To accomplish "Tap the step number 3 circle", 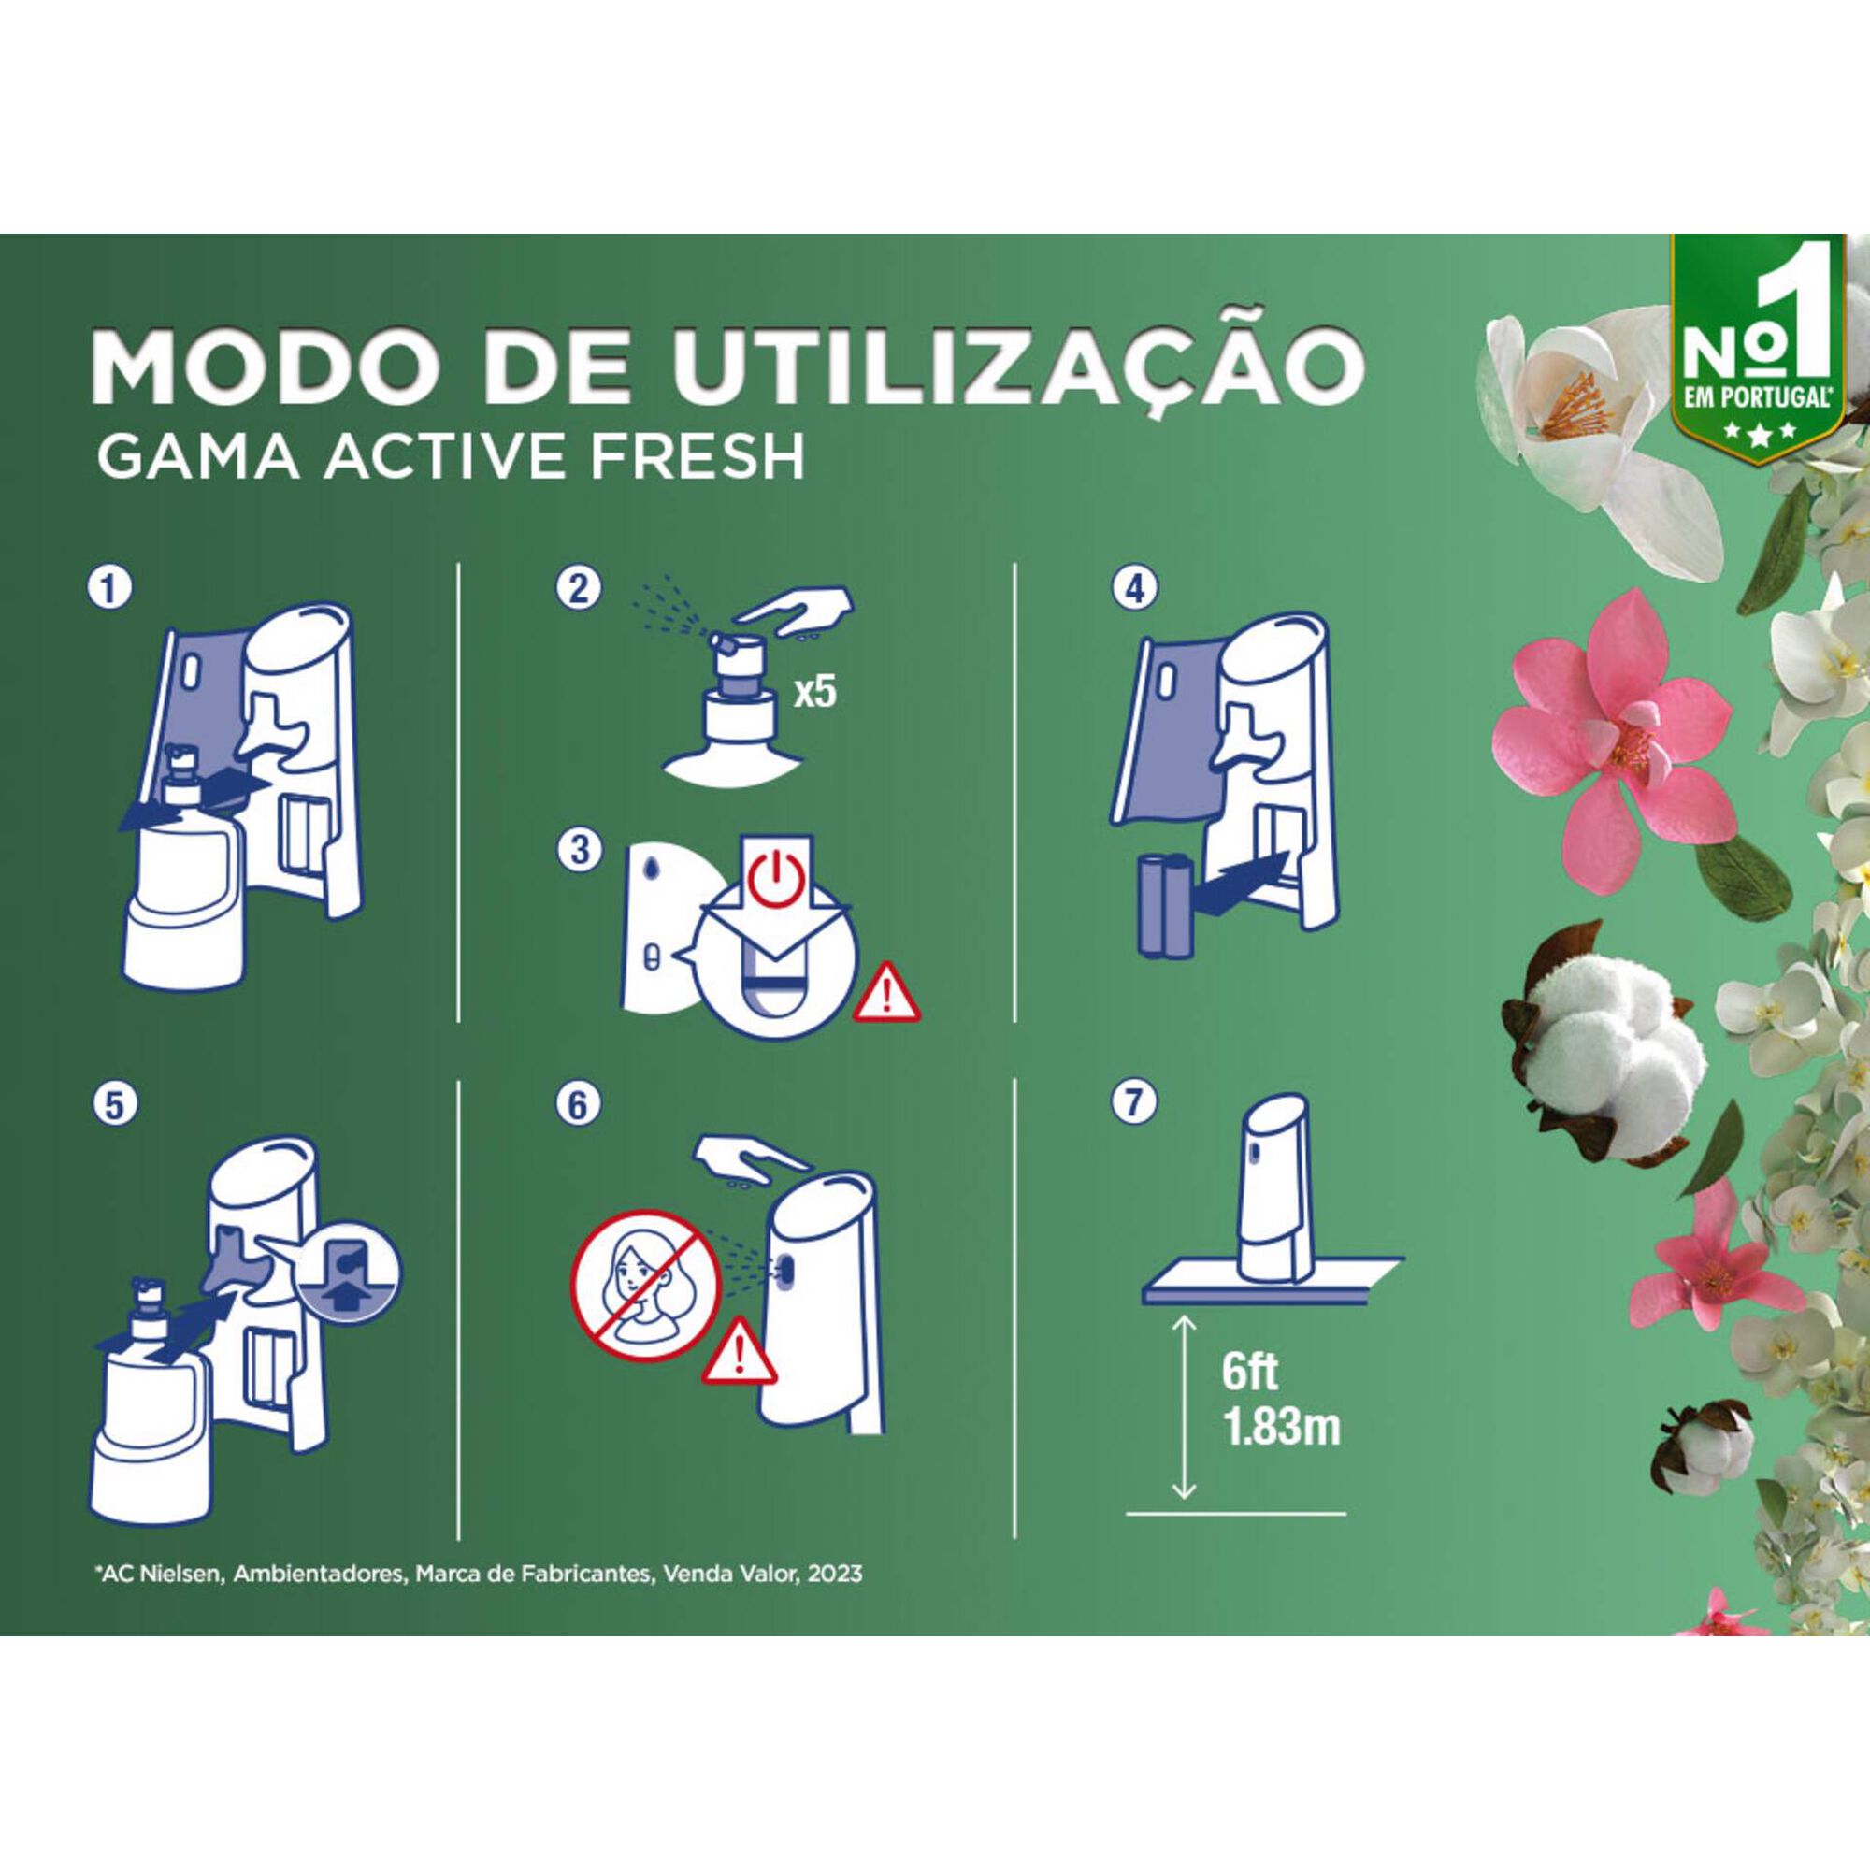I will coord(578,851).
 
